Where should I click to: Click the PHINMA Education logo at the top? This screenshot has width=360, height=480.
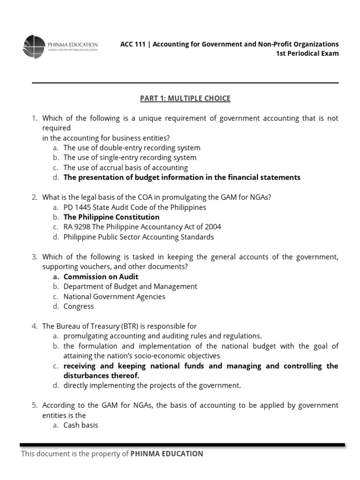click(60, 46)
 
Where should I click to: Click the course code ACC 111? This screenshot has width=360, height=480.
click(134, 44)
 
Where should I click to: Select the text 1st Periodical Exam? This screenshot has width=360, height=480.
click(307, 53)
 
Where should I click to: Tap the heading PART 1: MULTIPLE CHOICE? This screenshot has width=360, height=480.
click(185, 98)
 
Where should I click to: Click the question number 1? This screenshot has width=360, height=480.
click(34, 118)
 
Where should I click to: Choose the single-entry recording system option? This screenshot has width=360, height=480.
click(130, 157)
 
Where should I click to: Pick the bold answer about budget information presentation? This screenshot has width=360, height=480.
click(182, 177)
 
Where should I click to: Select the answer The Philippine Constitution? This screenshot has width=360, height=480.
click(112, 217)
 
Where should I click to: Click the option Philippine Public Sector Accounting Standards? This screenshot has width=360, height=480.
click(139, 237)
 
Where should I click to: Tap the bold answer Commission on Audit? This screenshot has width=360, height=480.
click(101, 277)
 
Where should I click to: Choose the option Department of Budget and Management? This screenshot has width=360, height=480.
click(130, 286)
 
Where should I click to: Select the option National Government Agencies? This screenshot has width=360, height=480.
click(114, 296)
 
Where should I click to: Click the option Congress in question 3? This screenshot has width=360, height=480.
click(79, 306)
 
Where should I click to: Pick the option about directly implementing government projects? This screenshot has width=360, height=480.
click(152, 385)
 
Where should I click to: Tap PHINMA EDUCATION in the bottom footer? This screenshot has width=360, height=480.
click(167, 454)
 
